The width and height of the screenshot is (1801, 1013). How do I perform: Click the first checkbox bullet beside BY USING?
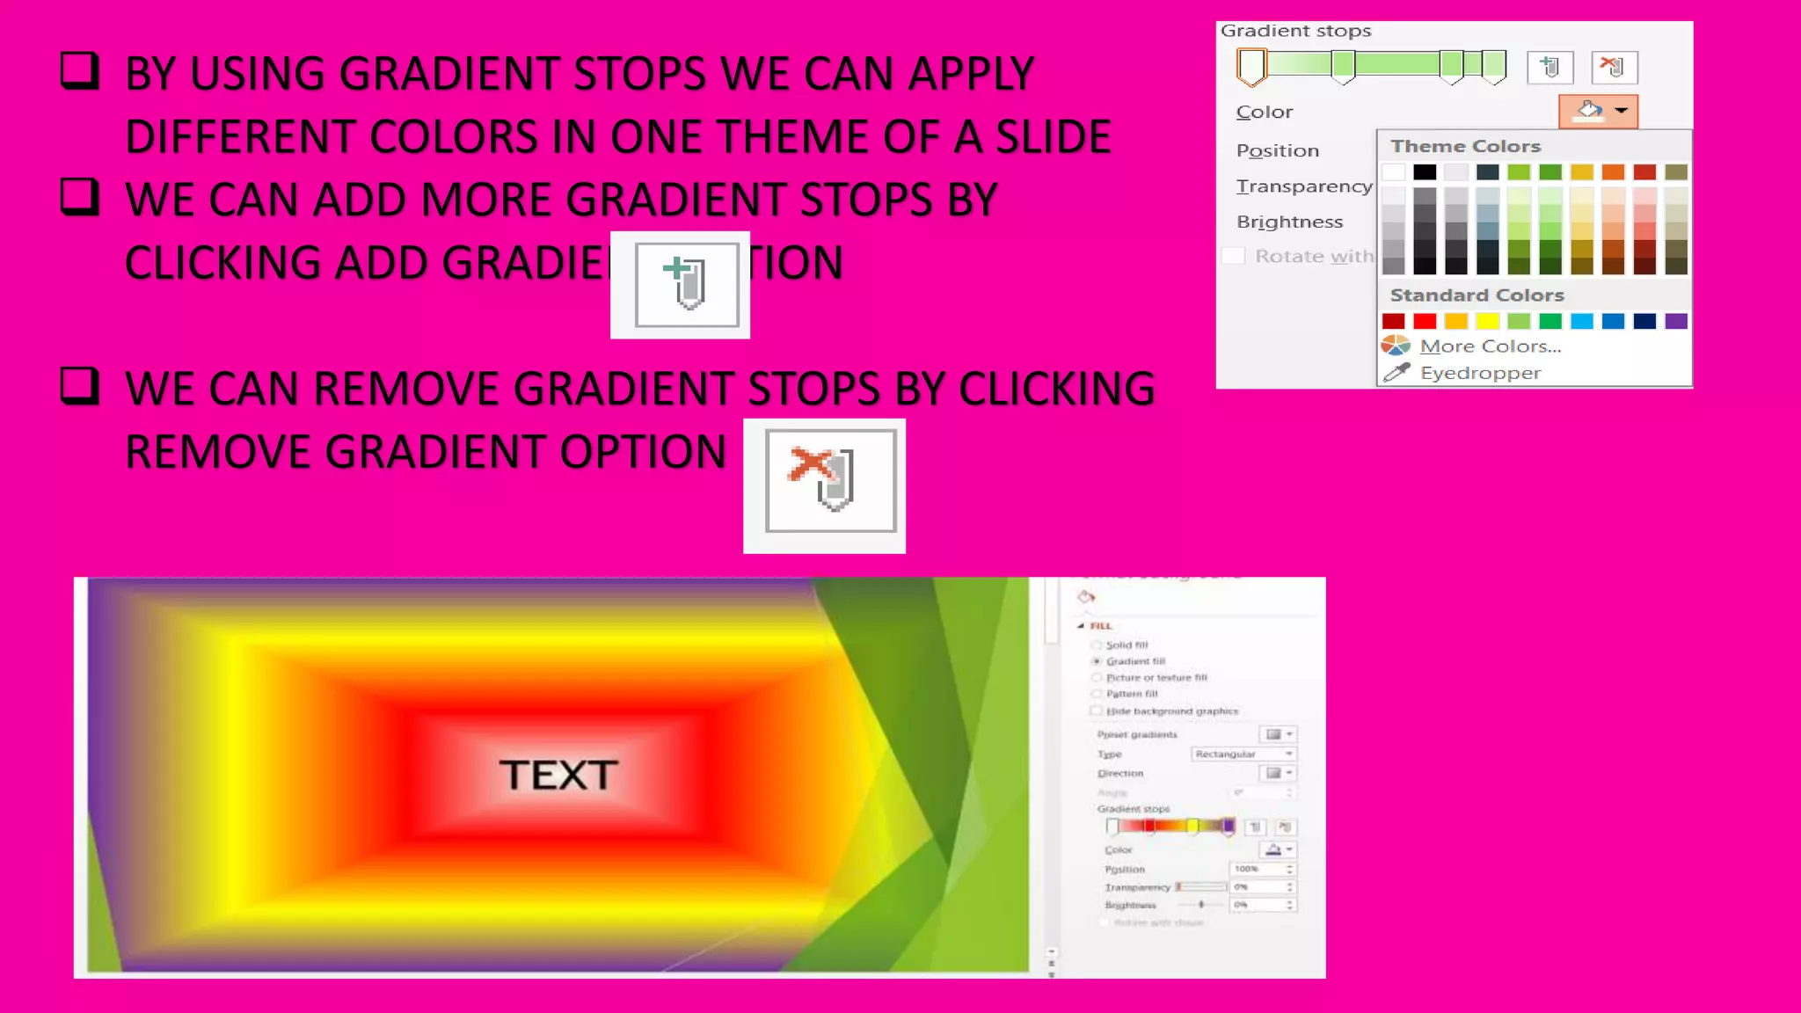79,70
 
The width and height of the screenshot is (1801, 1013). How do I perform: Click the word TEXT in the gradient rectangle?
559,775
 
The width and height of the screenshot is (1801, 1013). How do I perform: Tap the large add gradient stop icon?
686,284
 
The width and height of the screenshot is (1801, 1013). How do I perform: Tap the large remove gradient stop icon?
829,481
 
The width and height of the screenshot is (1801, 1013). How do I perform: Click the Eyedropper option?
1480,373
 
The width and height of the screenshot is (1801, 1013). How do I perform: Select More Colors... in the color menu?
1490,346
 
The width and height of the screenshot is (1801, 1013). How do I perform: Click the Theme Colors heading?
1465,146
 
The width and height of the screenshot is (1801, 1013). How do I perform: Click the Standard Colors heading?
1477,295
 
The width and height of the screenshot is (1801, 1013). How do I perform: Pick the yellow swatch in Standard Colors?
1487,321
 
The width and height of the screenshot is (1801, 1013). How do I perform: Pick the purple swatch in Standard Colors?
1676,321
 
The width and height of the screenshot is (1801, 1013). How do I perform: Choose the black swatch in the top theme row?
1425,172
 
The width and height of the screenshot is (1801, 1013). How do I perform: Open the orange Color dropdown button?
1598,112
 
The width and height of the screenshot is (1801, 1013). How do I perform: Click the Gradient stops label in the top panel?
1295,31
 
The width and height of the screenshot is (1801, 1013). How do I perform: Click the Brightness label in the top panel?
1289,222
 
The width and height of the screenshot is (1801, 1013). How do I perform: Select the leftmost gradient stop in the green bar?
1251,66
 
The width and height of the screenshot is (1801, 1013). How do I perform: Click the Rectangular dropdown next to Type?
1243,754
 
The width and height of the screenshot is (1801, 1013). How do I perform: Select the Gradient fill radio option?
1097,660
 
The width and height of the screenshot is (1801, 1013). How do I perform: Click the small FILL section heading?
1101,626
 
